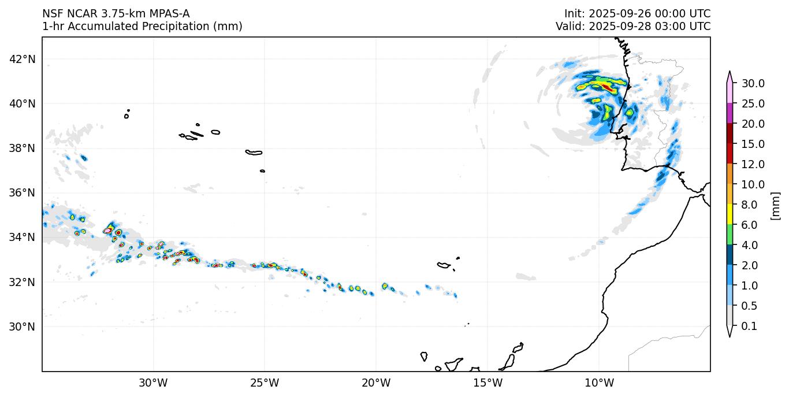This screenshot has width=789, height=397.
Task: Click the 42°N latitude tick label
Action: click(x=23, y=59)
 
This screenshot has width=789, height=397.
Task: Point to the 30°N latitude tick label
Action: click(x=23, y=326)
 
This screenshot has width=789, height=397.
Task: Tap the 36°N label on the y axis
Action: click(x=23, y=192)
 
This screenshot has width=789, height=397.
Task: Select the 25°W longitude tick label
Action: click(x=265, y=383)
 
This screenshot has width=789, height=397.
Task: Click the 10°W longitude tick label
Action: click(x=599, y=383)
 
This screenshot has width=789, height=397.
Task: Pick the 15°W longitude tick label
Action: click(x=487, y=383)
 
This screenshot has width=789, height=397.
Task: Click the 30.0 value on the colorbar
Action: click(x=753, y=83)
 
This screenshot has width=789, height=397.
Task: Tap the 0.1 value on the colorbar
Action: click(x=749, y=326)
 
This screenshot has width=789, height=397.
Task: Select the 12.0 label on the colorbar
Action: click(x=753, y=164)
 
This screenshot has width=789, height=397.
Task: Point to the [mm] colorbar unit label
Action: click(x=775, y=205)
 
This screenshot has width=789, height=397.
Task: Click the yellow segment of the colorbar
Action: click(x=730, y=214)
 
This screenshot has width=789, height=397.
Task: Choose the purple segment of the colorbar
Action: click(x=730, y=113)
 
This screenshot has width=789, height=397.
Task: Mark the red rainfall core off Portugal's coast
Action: click(x=606, y=87)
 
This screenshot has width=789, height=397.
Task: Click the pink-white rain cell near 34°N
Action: click(x=108, y=231)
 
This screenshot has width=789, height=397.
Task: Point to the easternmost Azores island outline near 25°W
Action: click(x=263, y=171)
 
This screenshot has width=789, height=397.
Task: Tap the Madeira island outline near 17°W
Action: click(x=444, y=265)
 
